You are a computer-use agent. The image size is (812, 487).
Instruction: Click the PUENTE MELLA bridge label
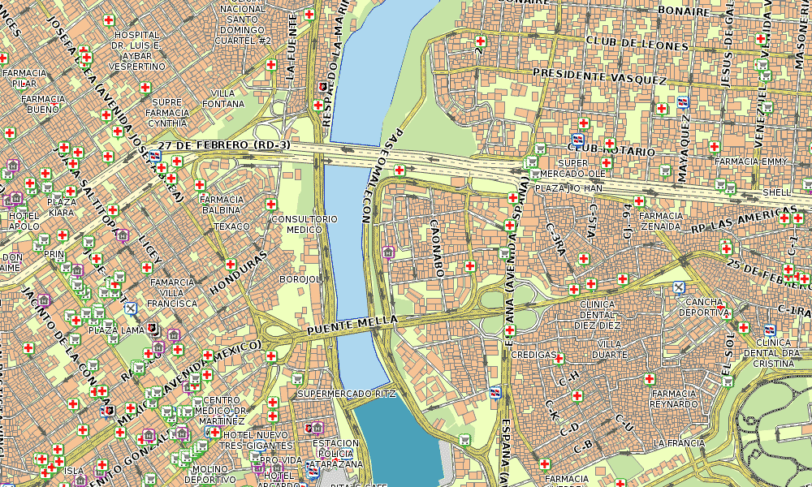[x=352, y=326]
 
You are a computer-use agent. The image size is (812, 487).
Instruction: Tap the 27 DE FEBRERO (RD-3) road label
[x=223, y=144]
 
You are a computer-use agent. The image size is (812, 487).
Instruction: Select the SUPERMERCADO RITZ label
[x=347, y=394]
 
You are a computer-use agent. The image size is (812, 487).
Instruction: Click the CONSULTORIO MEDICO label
[x=304, y=224]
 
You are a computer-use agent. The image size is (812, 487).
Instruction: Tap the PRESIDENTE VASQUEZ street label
[x=599, y=77]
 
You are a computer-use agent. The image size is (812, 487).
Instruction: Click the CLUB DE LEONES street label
[x=636, y=41]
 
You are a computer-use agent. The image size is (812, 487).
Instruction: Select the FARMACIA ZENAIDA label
[x=660, y=221]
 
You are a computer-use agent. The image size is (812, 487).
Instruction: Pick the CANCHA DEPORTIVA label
[x=702, y=306]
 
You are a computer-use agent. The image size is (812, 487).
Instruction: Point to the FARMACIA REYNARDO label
[x=674, y=398]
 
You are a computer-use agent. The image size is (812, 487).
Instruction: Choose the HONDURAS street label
[x=238, y=273]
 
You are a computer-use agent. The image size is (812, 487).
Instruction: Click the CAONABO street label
[x=436, y=248]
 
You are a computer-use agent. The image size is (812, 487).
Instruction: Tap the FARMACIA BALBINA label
[x=221, y=204]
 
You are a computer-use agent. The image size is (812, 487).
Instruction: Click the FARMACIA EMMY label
[x=751, y=162]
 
